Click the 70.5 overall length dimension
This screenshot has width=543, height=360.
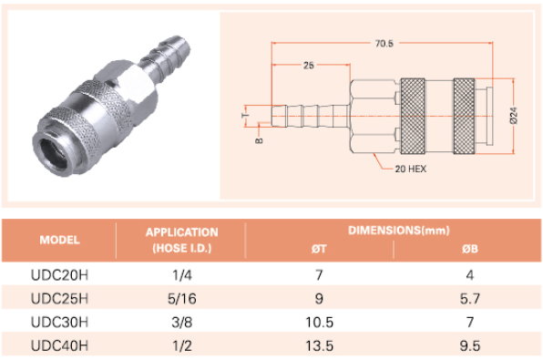[384, 44]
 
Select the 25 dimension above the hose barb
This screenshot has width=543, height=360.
[309, 65]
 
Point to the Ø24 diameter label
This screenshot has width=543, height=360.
[514, 116]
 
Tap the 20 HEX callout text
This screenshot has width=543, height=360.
[411, 170]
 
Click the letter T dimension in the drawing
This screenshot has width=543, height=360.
[245, 116]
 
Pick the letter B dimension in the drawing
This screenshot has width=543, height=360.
[259, 140]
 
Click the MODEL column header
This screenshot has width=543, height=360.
[59, 240]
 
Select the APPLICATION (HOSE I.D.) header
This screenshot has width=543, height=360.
[182, 240]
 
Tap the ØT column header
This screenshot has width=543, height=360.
[319, 249]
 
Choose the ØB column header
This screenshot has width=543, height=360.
[470, 249]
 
